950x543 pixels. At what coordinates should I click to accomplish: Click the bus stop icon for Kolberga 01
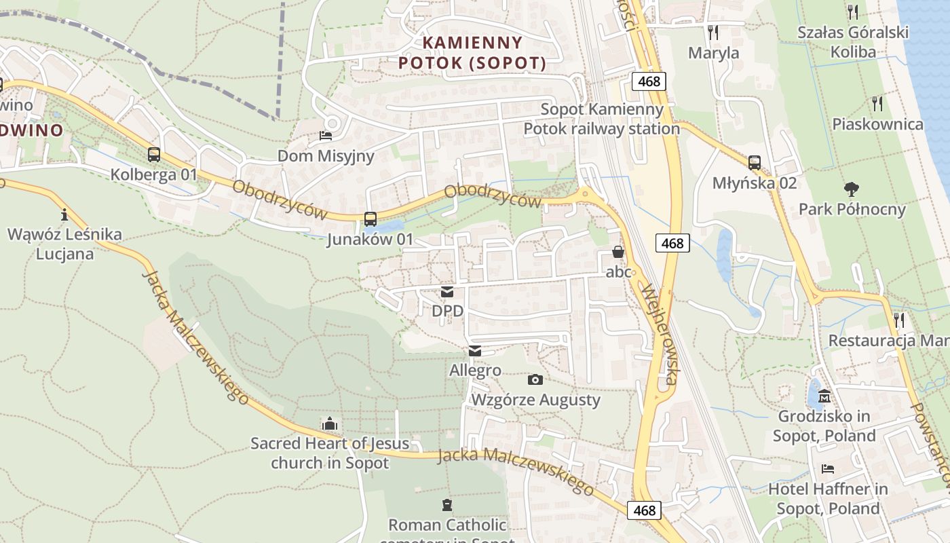click(x=154, y=155)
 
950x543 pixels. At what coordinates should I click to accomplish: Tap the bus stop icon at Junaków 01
click(x=370, y=219)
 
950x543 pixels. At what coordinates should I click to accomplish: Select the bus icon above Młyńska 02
click(x=754, y=163)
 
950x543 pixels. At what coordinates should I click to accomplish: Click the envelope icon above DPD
click(x=447, y=292)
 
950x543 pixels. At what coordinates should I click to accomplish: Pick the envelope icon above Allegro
click(x=474, y=351)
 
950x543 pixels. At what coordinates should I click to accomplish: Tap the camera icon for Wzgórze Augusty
click(x=535, y=380)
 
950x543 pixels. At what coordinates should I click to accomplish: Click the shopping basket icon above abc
click(x=618, y=252)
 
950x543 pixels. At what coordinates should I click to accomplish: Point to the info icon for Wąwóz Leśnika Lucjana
click(x=64, y=215)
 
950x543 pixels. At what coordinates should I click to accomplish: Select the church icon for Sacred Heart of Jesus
click(x=330, y=424)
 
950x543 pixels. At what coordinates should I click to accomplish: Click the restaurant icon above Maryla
click(x=712, y=33)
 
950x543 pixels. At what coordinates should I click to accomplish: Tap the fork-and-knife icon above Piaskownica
click(x=877, y=104)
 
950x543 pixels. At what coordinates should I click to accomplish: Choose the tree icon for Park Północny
click(x=852, y=189)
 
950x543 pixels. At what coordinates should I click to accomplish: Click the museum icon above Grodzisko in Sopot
click(x=824, y=396)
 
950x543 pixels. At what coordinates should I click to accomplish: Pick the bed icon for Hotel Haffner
click(x=827, y=469)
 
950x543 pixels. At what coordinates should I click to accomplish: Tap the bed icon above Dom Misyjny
click(x=326, y=136)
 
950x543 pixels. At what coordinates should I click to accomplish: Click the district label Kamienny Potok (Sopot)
click(x=473, y=53)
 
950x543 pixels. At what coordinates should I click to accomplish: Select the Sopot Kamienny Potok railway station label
click(x=601, y=119)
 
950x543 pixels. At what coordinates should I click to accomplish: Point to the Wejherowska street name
click(x=657, y=333)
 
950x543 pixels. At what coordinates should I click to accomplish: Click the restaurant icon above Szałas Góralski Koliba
click(x=853, y=12)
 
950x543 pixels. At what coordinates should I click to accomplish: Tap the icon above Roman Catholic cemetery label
click(x=447, y=505)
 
